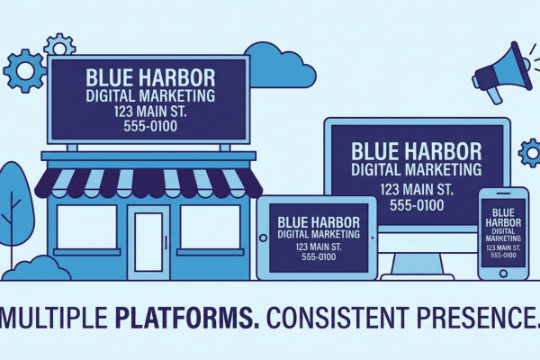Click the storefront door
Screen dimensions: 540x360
148,242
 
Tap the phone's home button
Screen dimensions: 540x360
503,274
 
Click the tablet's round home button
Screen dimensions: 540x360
264,238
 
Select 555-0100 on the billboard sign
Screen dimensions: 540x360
150,126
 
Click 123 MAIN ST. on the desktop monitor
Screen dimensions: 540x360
417,190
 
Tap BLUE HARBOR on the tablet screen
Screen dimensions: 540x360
319,222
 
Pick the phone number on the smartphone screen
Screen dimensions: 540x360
503,256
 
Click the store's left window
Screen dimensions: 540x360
86,227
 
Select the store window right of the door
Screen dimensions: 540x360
211,227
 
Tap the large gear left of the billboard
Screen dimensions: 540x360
25,70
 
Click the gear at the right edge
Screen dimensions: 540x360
530,153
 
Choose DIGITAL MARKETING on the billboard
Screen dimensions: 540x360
150,95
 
